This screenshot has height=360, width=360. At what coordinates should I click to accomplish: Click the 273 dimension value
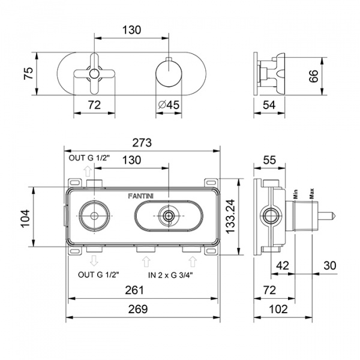point(142,143)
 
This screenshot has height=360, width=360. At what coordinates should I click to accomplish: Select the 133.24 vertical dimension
point(230,217)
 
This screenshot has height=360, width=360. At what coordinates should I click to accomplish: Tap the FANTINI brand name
point(141,196)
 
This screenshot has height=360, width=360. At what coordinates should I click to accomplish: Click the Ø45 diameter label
point(169,105)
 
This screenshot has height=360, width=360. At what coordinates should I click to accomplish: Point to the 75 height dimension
point(29,73)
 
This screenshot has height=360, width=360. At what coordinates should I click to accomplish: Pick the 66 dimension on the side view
point(314,76)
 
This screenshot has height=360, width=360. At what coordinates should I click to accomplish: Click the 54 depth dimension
point(269,105)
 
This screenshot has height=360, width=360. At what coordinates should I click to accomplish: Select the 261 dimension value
point(134,290)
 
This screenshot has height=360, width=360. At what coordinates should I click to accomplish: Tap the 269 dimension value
point(138,309)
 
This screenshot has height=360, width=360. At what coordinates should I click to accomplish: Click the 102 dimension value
point(278,309)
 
